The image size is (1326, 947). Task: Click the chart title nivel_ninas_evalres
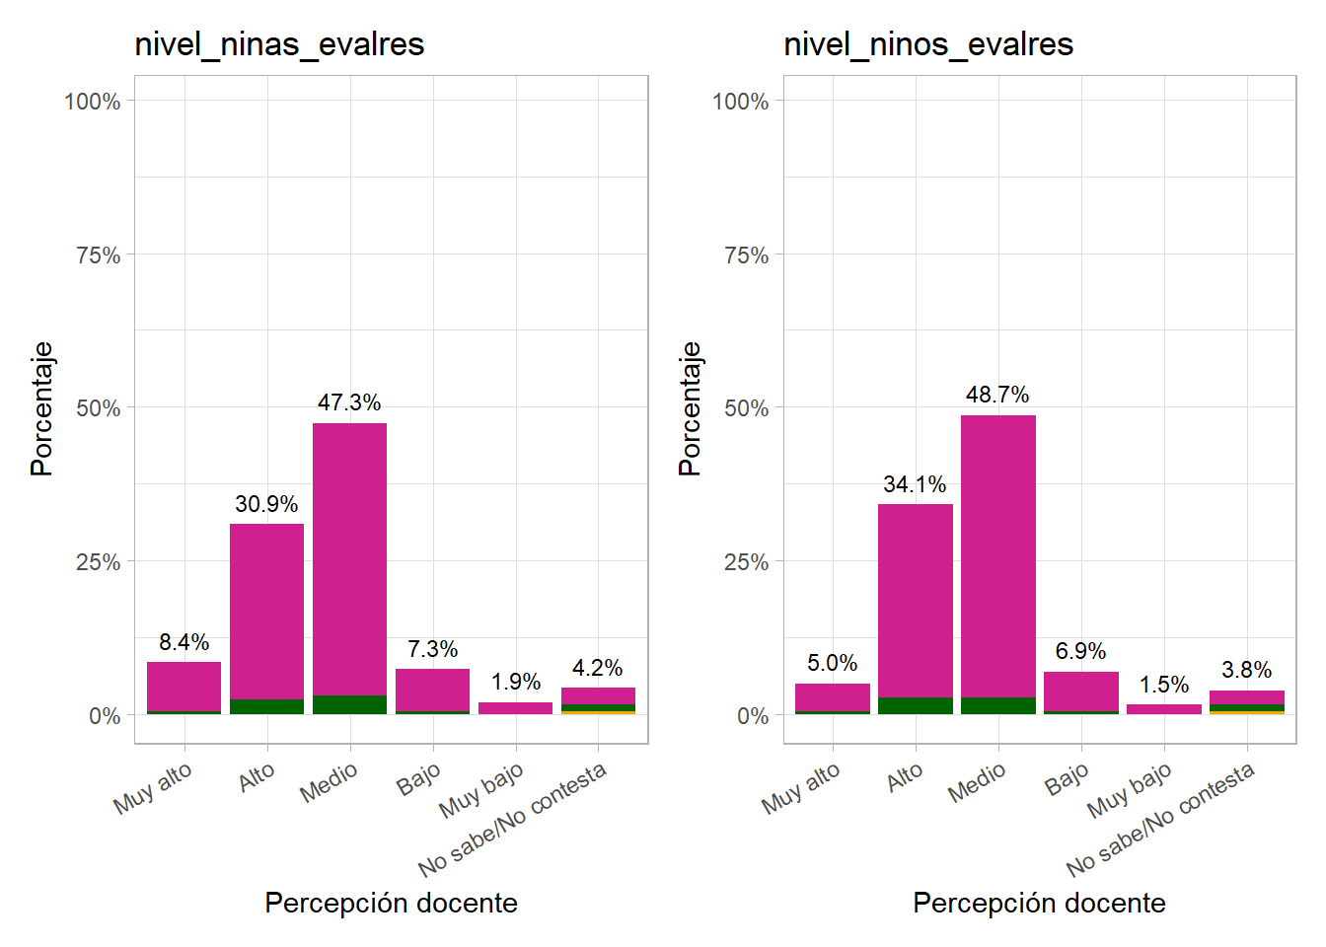(x=279, y=44)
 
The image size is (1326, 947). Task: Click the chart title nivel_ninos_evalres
(x=927, y=44)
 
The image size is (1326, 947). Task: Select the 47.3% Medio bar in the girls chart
(x=349, y=562)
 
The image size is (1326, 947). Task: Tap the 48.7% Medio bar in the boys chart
(x=997, y=557)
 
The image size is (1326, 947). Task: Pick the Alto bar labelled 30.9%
(x=266, y=612)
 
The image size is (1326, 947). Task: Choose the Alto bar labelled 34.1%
(x=915, y=602)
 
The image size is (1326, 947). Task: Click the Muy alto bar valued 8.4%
(x=184, y=687)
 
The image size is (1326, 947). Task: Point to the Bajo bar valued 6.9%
(x=1080, y=692)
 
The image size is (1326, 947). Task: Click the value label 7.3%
(x=432, y=649)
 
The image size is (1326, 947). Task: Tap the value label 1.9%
(x=515, y=682)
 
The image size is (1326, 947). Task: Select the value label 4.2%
(x=597, y=668)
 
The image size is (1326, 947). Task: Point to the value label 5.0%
(x=832, y=663)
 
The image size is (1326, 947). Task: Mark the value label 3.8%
(x=1246, y=670)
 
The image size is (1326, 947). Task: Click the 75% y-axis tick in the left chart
(x=98, y=255)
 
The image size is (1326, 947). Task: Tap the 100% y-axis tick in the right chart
(x=740, y=102)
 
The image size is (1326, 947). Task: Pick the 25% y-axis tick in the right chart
(x=746, y=562)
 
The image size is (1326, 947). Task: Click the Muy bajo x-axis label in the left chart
(x=481, y=790)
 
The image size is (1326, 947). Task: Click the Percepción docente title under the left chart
(x=391, y=903)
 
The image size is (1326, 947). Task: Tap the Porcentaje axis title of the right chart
(x=690, y=408)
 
